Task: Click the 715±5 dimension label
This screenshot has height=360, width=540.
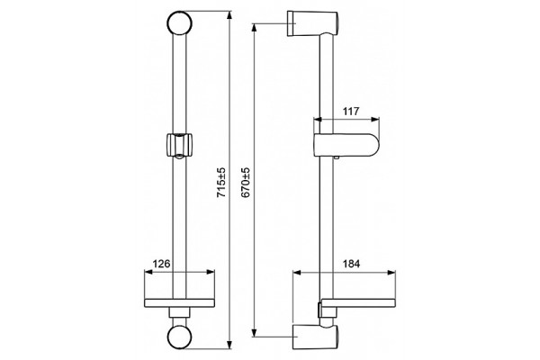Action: (x=221, y=182)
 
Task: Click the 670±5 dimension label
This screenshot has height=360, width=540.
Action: (x=246, y=182)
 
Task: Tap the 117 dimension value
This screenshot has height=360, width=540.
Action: (x=351, y=112)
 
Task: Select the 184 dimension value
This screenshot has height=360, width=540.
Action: (x=351, y=264)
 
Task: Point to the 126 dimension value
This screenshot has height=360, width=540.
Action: (x=161, y=264)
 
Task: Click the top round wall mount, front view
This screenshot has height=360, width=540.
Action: (x=179, y=23)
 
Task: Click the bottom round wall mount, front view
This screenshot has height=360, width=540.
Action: (x=179, y=337)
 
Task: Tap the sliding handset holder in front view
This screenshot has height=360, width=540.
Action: (x=179, y=146)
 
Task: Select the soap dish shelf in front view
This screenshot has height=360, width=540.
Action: (x=179, y=302)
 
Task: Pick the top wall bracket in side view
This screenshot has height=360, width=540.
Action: (x=312, y=23)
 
